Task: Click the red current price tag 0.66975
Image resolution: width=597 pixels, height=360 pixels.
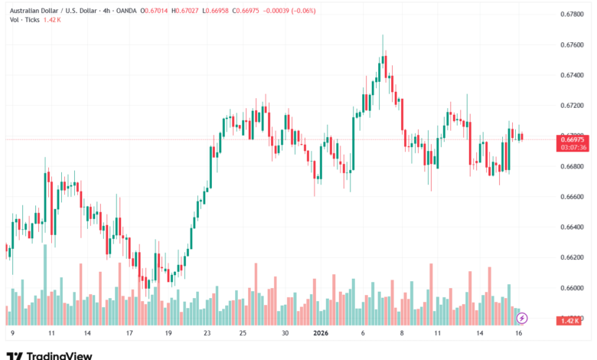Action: [573, 139]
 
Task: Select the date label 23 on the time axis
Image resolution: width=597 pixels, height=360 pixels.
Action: [207, 334]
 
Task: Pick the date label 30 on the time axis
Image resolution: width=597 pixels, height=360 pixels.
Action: [284, 334]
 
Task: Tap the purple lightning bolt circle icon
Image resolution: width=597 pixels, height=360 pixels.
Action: [523, 317]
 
